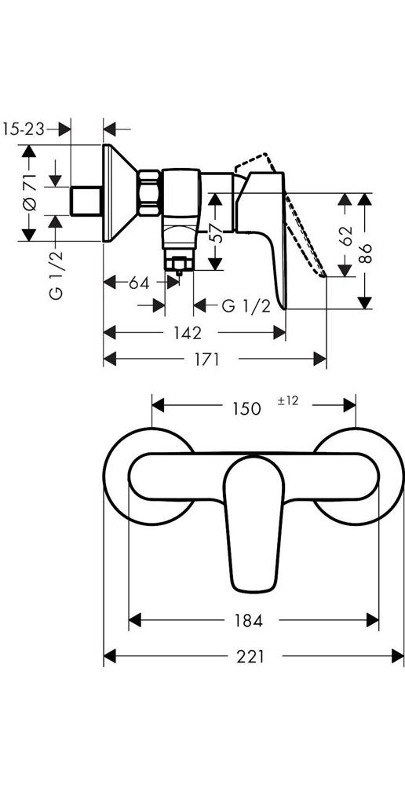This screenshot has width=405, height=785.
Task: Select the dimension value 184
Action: tap(249, 621)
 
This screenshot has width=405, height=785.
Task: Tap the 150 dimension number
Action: tap(246, 408)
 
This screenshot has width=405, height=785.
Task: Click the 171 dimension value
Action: tap(205, 359)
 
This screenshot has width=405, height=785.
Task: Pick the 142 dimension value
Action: tap(188, 332)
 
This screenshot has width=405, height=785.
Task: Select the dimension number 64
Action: tap(139, 283)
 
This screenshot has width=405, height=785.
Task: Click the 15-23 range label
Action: tap(24, 130)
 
